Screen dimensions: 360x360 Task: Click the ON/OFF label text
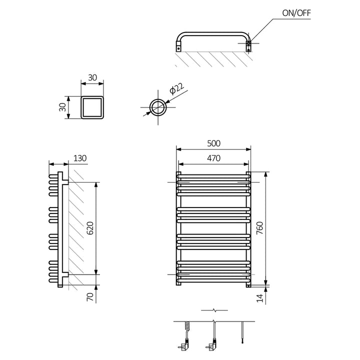tap(297, 13)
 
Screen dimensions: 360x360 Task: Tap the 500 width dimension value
tap(213, 143)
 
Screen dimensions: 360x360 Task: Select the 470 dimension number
tap(213, 158)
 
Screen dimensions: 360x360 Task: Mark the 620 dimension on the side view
tap(90, 228)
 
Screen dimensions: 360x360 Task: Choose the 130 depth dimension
tap(80, 158)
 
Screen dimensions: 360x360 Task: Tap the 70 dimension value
tap(90, 296)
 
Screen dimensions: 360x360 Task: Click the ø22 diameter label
tap(176, 90)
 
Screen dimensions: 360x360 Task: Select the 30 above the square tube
tap(93, 78)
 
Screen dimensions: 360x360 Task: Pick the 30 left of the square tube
tap(62, 107)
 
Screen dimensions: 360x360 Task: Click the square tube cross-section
tap(93, 107)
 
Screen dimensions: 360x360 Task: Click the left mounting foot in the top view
tap(178, 48)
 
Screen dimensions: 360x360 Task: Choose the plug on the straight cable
tap(210, 345)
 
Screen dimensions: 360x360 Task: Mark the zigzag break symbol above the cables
tap(214, 310)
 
